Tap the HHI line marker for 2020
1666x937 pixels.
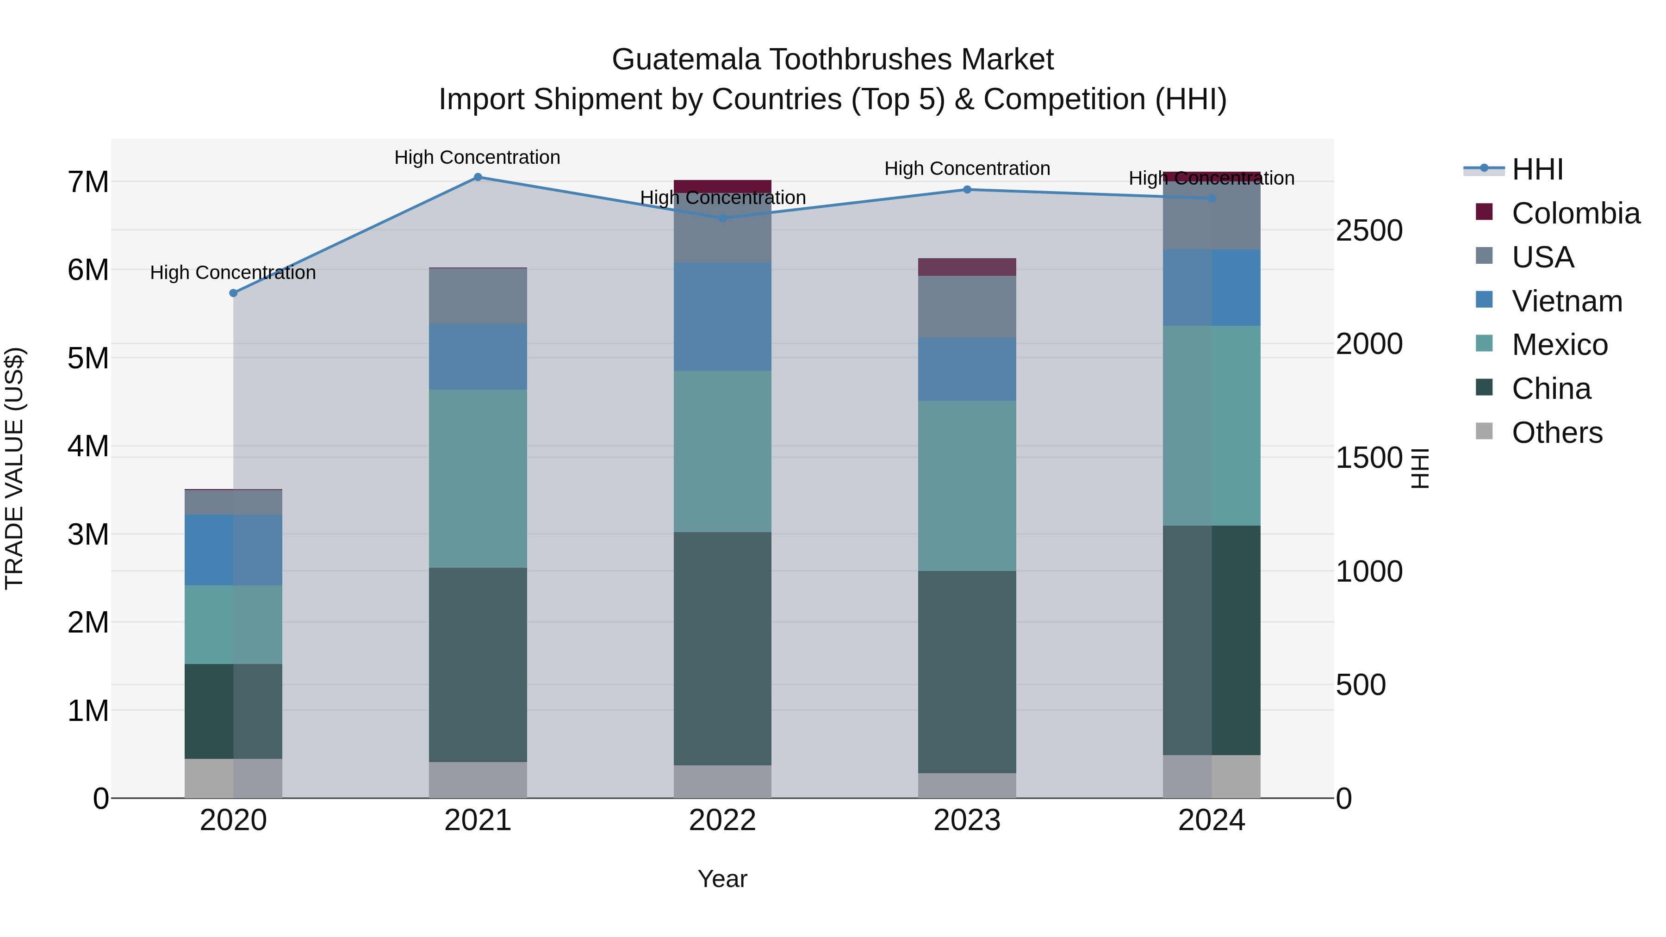tap(234, 293)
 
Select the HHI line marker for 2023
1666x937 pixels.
tap(967, 189)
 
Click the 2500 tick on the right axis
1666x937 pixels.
tap(1369, 231)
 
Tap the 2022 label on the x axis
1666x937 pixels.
tap(722, 820)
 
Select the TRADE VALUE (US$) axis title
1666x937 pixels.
tap(15, 468)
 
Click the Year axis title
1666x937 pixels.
tap(722, 879)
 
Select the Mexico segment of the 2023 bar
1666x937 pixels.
tap(967, 486)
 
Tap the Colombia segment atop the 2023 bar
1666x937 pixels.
tap(967, 267)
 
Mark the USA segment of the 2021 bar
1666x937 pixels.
tap(478, 296)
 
